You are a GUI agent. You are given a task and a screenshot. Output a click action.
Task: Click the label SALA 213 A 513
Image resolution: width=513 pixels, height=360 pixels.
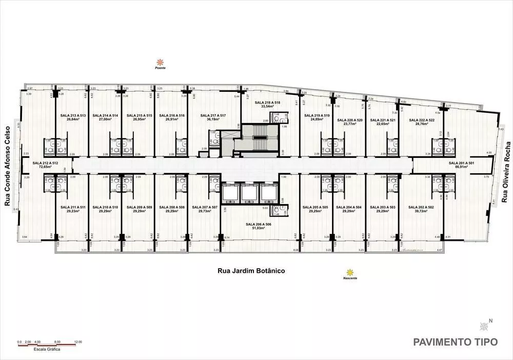[72, 115]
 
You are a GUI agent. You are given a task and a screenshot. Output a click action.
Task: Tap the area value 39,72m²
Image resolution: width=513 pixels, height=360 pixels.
[420, 211]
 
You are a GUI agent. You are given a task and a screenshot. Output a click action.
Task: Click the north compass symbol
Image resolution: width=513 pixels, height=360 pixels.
[484, 326]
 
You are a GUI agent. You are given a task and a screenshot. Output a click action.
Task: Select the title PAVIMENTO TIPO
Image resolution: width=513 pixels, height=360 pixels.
[455, 342]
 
